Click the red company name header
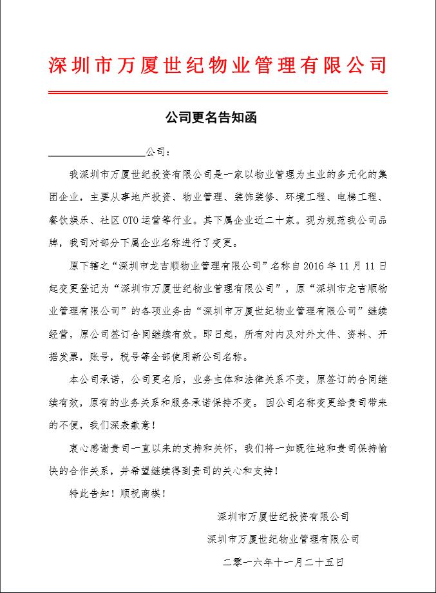point(218,64)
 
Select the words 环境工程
point(301,197)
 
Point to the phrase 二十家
point(275,220)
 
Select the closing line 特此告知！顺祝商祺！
point(117,494)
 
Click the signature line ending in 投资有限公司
point(283,516)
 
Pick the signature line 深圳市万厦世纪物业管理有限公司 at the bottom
point(283,539)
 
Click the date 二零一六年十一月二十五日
point(283,562)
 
